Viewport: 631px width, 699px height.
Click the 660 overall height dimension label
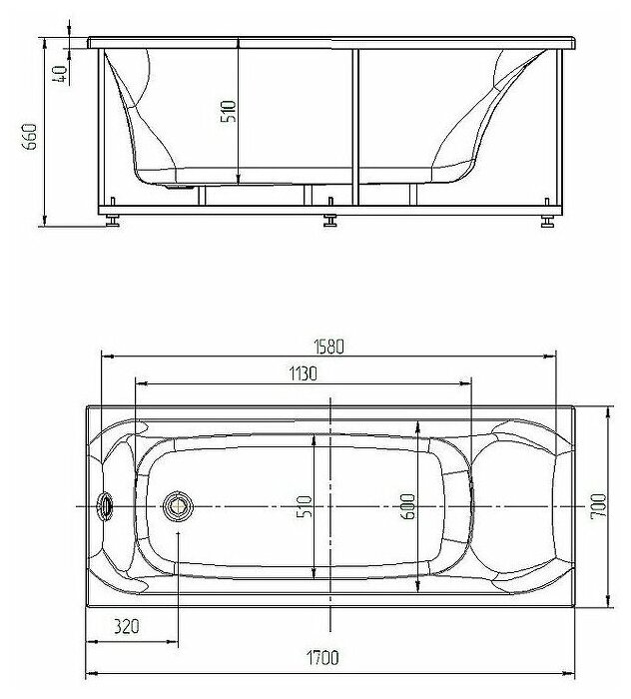tap(30, 137)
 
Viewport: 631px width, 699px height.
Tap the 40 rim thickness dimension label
tap(60, 74)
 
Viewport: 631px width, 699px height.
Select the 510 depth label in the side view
tap(229, 112)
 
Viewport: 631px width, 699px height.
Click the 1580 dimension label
tap(329, 347)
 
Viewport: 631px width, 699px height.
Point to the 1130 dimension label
tap(304, 373)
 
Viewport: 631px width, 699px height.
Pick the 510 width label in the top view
tap(305, 506)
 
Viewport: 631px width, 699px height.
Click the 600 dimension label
tap(407, 506)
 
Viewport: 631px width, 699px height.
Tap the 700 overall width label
tap(598, 506)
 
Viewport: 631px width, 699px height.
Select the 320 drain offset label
tap(126, 626)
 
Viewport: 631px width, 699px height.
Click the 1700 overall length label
tap(322, 657)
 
